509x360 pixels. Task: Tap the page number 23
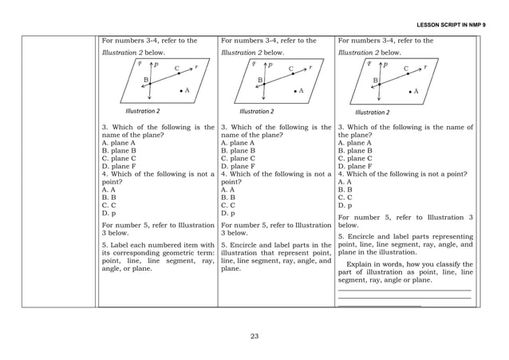coord(254,336)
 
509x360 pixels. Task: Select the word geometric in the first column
coord(161,253)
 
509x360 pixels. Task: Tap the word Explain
coord(361,263)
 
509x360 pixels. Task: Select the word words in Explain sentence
coord(394,263)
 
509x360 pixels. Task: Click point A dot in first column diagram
coord(181,91)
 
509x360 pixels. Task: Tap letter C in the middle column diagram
coord(291,69)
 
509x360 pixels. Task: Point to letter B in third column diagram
coord(375,81)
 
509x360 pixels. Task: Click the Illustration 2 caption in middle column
coord(255,111)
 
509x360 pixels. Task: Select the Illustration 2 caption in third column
coord(372,112)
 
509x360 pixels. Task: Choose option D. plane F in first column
coord(118,166)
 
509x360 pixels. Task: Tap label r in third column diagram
coord(426,68)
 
